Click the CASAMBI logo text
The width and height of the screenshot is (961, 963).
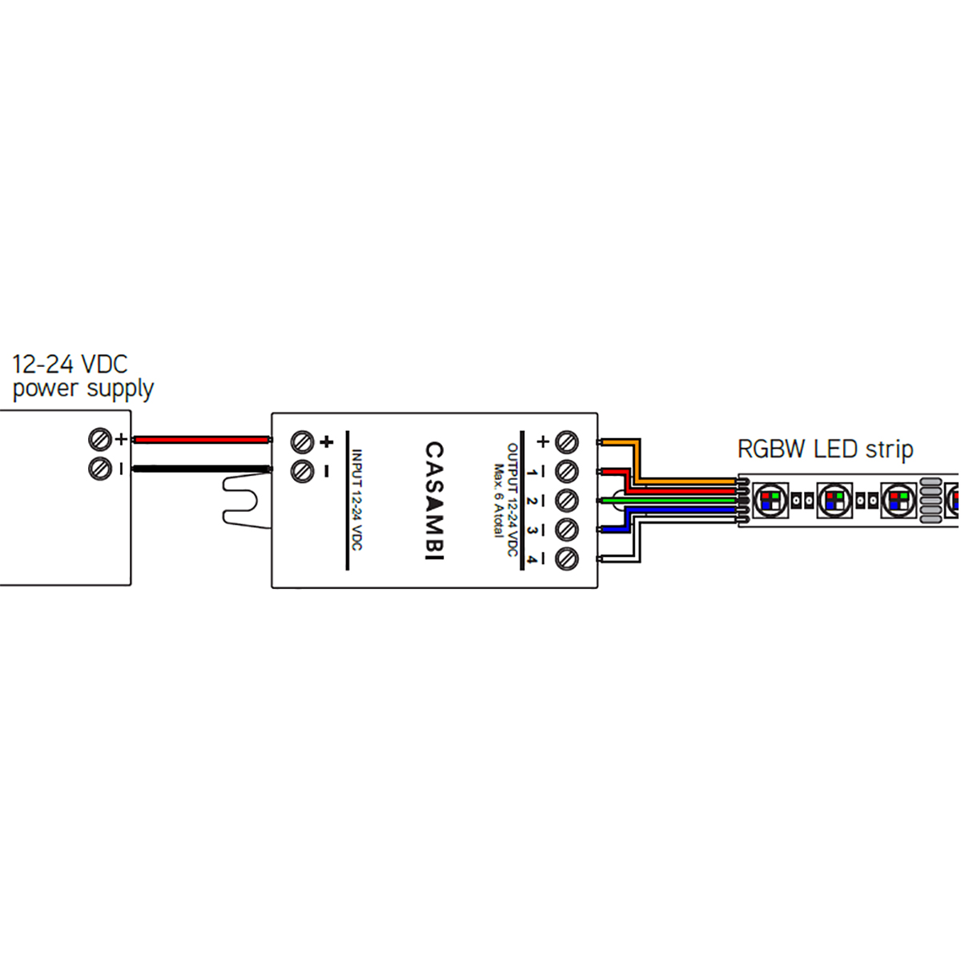[x=433, y=501]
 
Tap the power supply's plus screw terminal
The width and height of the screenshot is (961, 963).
[x=100, y=439]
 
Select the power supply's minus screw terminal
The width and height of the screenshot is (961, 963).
[x=100, y=468]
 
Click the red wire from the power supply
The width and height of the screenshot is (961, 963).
[x=200, y=440]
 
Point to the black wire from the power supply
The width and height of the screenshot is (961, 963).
[x=200, y=469]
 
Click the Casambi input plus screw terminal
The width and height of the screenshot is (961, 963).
[x=302, y=441]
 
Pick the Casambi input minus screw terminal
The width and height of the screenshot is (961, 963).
[x=302, y=471]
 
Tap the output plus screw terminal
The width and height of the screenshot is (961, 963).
[x=567, y=441]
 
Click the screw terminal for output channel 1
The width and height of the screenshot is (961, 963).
[x=567, y=471]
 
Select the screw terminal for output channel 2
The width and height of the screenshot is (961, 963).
[x=567, y=501]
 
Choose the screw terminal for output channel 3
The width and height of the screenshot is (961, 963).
[x=567, y=530]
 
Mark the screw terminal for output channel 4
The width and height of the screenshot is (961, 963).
[x=567, y=558]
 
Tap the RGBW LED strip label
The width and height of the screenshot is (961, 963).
[x=825, y=449]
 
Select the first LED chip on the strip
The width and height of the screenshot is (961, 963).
[x=771, y=501]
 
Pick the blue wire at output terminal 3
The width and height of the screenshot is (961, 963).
[x=614, y=529]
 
